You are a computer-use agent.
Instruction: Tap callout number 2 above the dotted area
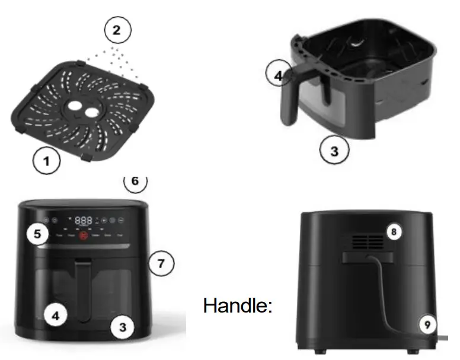click(117, 30)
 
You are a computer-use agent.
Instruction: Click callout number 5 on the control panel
click(38, 234)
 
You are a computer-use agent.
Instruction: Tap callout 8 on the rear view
click(392, 232)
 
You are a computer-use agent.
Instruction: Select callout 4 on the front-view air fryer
click(55, 316)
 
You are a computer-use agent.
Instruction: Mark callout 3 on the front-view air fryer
click(122, 326)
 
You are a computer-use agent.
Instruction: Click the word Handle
click(238, 305)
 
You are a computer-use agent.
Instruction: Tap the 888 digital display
click(84, 221)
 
